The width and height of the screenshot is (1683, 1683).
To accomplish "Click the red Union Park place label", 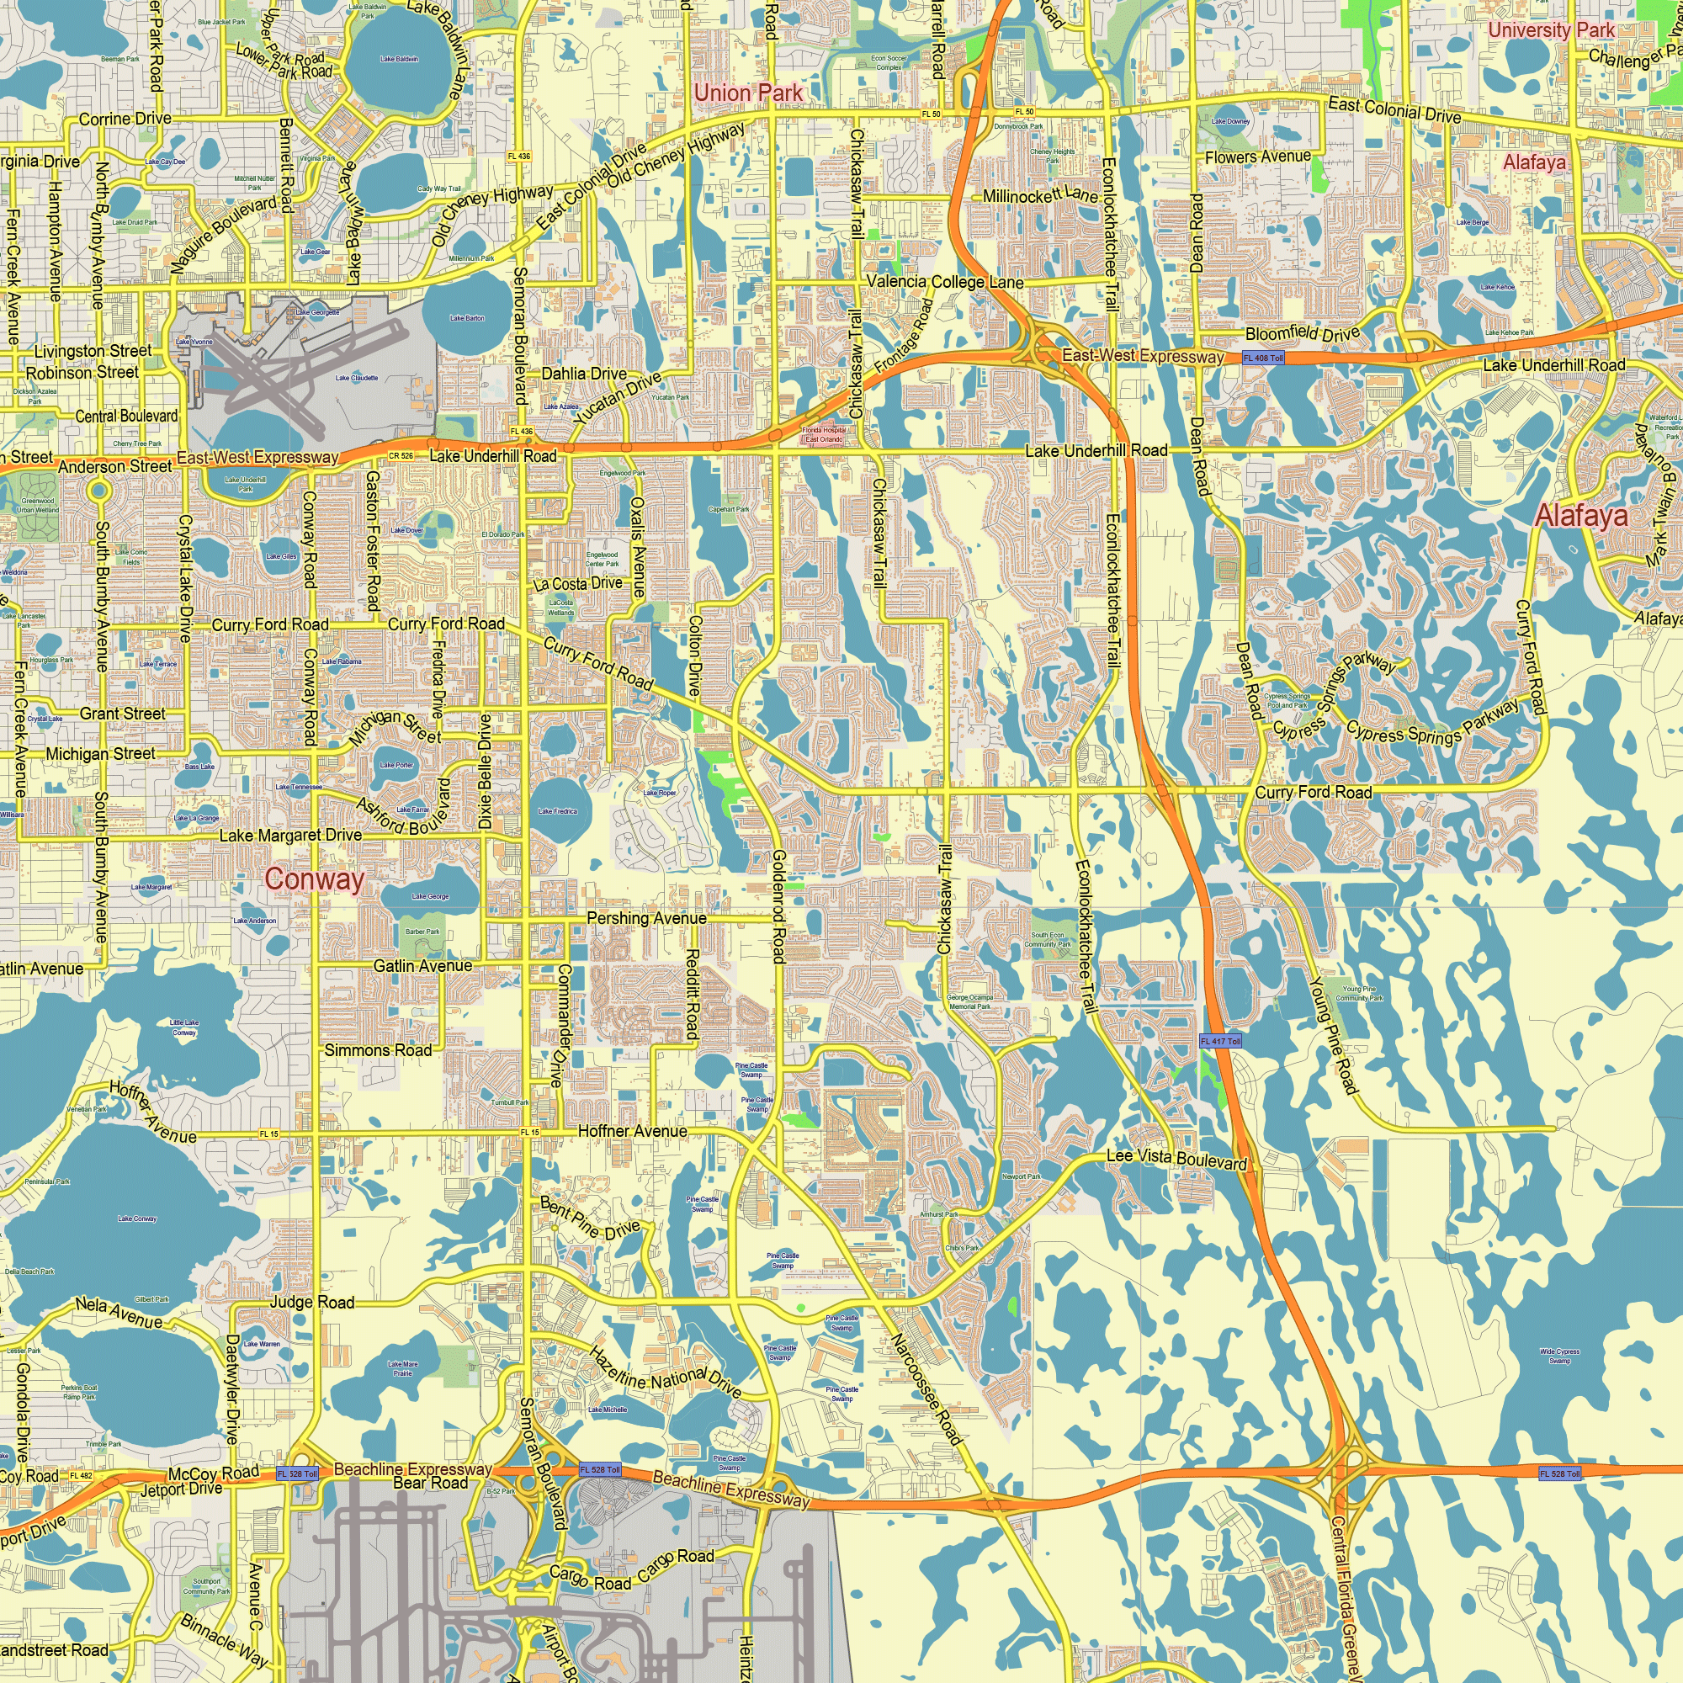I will click(748, 93).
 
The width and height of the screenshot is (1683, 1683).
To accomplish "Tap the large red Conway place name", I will click(315, 879).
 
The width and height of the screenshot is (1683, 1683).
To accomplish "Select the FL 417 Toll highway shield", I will click(1220, 1041).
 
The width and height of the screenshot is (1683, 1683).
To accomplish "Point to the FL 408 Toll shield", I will click(1263, 358).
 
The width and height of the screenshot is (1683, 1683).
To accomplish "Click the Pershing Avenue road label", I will click(646, 918).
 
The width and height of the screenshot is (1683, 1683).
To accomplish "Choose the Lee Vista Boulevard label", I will click(1176, 1159).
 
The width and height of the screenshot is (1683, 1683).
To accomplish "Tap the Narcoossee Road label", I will click(926, 1388).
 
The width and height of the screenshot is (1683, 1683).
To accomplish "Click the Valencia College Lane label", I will click(945, 282).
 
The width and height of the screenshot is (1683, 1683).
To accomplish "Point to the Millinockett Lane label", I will click(1040, 195).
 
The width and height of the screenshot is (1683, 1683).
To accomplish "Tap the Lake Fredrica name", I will click(558, 811).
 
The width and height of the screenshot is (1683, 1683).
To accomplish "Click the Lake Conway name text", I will click(138, 1218).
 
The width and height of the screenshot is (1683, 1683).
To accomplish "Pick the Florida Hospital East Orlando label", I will click(823, 435).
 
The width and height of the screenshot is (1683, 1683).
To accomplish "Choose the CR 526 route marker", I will click(401, 455).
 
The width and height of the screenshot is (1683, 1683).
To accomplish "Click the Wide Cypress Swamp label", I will click(1559, 1356).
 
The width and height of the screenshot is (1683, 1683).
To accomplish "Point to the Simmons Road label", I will click(378, 1050).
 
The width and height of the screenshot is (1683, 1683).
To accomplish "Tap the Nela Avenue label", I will click(119, 1313).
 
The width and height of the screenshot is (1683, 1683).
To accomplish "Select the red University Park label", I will click(1552, 30).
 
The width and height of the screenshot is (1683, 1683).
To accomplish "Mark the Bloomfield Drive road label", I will click(1303, 333).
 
